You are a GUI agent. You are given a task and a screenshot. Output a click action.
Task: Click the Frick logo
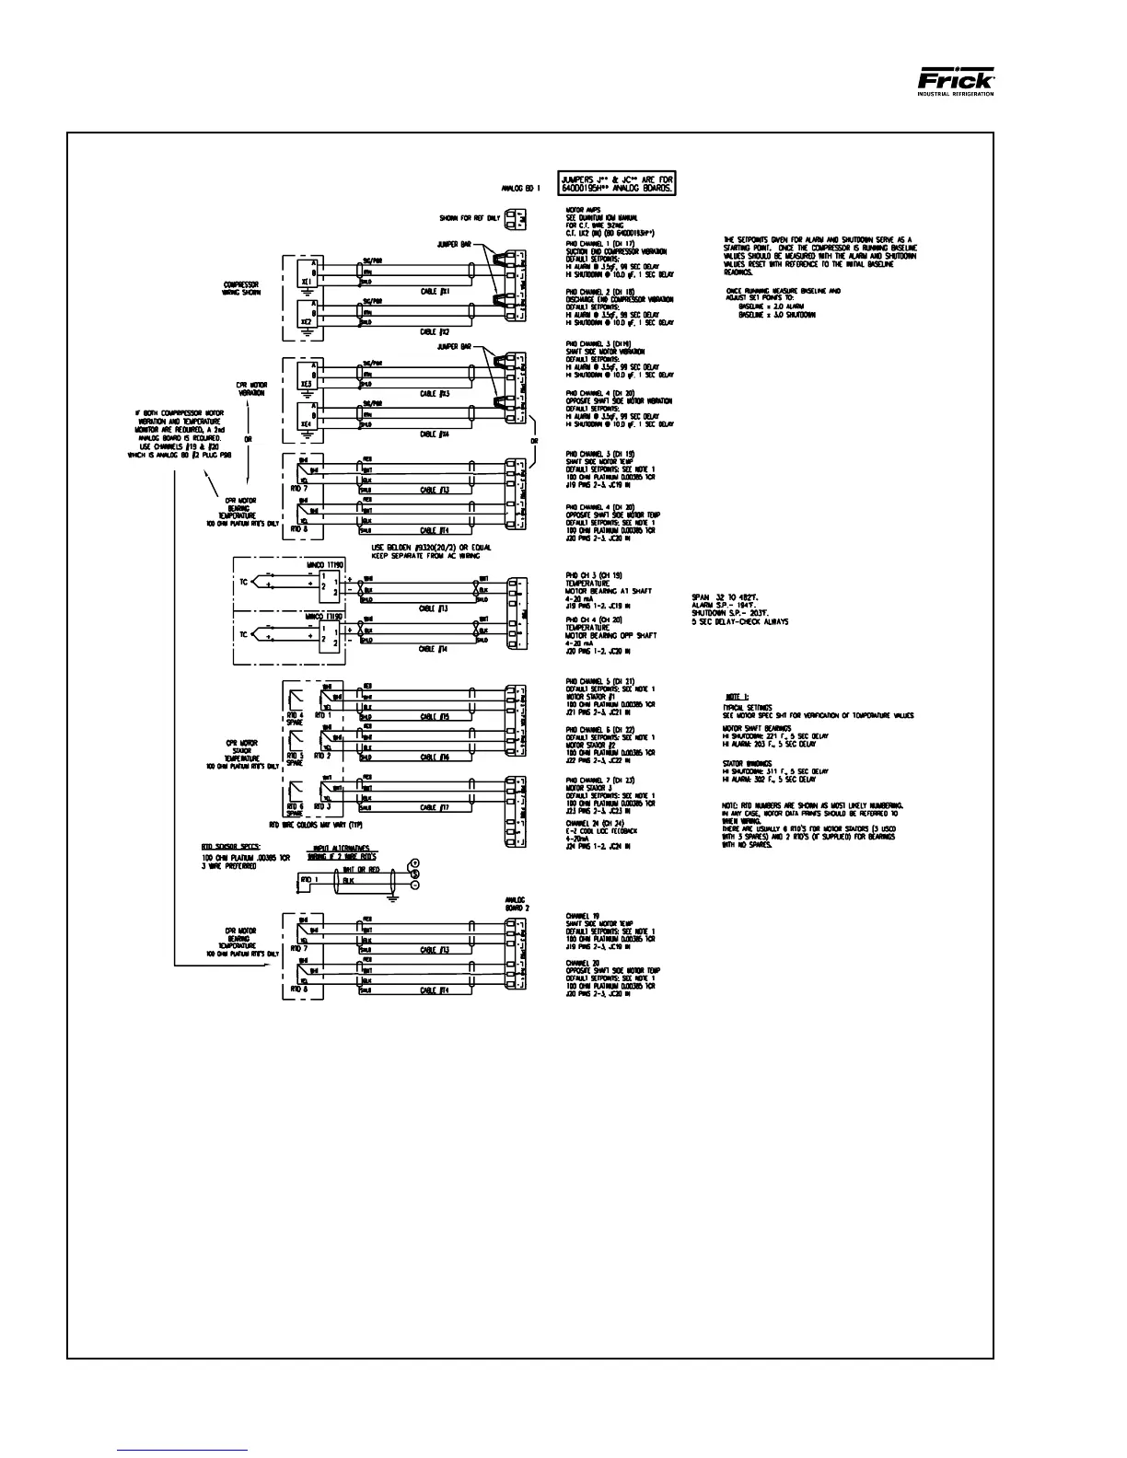point(956,80)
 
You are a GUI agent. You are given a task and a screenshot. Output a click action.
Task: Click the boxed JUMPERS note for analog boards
point(617,182)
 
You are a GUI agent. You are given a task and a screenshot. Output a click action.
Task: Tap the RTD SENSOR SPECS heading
point(231,844)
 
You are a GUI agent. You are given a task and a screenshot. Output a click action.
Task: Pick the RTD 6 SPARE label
point(295,809)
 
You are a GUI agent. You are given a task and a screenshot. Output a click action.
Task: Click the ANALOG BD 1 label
point(521,188)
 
